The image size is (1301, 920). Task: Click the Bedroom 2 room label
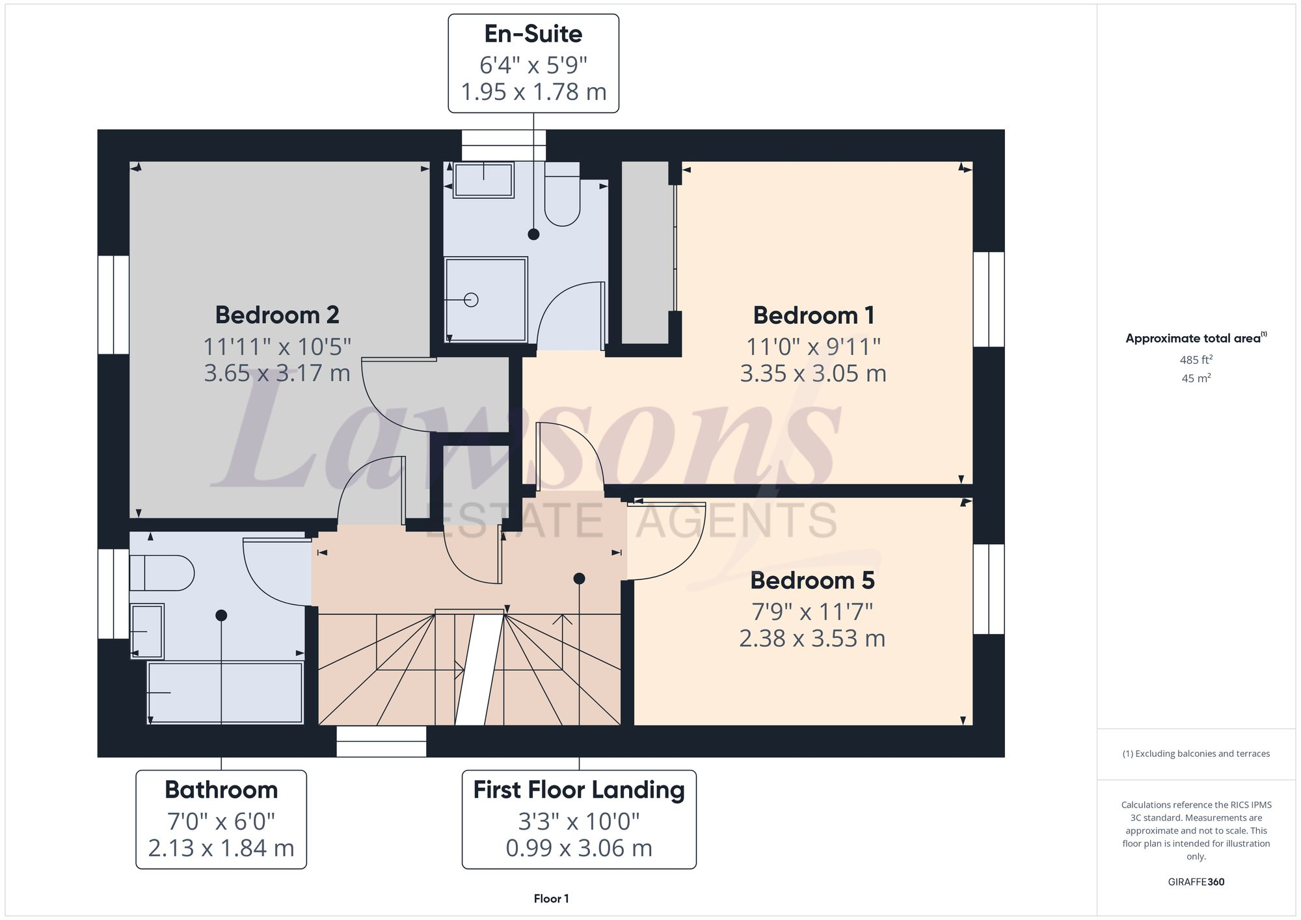(x=277, y=315)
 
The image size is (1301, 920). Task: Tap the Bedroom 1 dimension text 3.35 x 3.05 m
(x=812, y=374)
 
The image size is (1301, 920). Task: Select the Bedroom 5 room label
(x=812, y=581)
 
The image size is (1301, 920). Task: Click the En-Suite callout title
(x=533, y=34)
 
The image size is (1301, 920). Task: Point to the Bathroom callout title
(x=221, y=790)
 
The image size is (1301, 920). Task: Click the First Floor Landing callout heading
(x=578, y=790)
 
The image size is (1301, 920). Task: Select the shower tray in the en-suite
(x=486, y=300)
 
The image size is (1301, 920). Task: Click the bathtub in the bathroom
(x=225, y=692)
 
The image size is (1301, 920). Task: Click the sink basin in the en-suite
(x=483, y=180)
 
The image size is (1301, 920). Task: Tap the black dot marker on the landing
(x=579, y=579)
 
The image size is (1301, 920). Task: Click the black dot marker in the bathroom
(x=221, y=615)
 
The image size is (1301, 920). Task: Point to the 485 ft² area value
(x=1196, y=360)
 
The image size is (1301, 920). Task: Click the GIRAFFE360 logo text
(x=1196, y=882)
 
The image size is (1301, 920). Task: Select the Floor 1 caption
(x=551, y=899)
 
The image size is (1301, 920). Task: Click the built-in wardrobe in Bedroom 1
(x=645, y=254)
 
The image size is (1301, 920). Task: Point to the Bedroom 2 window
(x=113, y=304)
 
